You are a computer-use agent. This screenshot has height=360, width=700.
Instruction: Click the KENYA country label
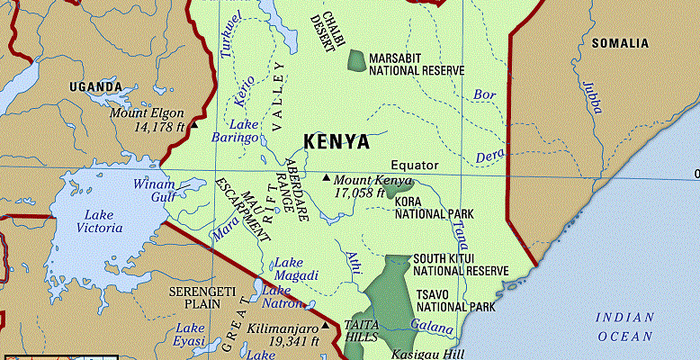[336, 142]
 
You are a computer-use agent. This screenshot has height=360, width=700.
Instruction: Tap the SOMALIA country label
[619, 43]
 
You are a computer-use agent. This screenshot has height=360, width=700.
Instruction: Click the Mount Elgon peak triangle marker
[193, 115]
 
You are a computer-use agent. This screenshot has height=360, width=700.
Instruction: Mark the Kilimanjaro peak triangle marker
[325, 328]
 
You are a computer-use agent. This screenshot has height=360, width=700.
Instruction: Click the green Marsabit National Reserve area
[357, 61]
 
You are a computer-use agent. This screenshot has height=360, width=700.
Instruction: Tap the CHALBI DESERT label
[321, 24]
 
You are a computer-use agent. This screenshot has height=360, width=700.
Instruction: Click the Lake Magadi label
[295, 269]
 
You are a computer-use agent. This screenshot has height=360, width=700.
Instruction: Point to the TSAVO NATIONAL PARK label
[455, 301]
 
